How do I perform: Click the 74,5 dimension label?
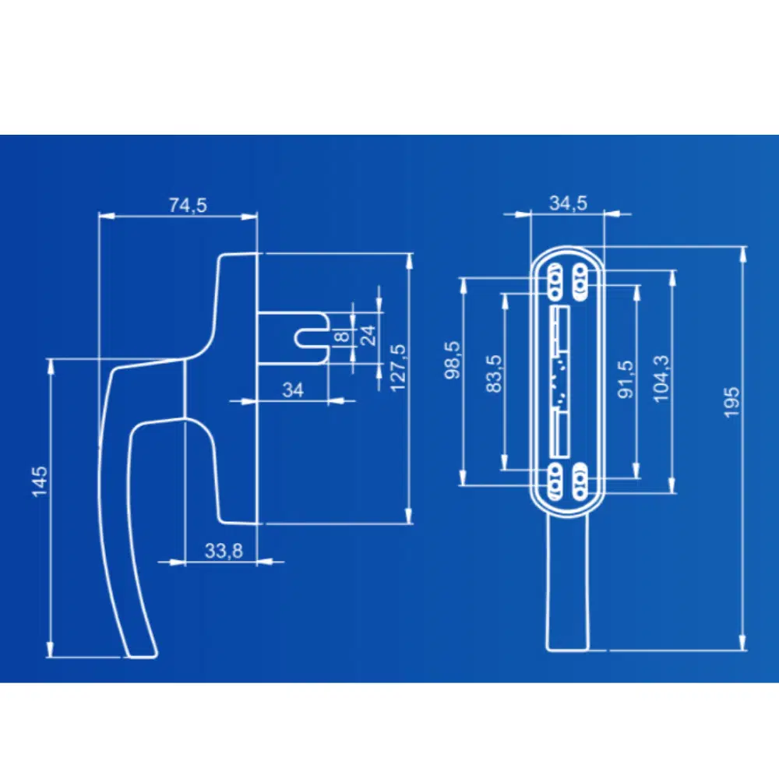pos(188,205)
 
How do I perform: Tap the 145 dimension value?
pos(40,481)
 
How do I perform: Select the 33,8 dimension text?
pos(224,551)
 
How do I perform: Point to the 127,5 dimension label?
pos(398,368)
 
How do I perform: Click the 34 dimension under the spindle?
pos(293,390)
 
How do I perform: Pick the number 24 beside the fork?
pos(368,335)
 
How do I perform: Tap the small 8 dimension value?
pos(342,337)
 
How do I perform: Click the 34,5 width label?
pos(568,203)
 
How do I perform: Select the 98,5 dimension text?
pos(452,360)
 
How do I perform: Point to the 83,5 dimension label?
pos(495,374)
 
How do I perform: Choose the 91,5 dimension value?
pos(626,379)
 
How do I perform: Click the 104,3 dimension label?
pos(661,379)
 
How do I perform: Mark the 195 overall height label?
pos(731,403)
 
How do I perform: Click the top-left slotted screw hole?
pos(554,282)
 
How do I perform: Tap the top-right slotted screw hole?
pos(580,282)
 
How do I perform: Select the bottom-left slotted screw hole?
pos(555,481)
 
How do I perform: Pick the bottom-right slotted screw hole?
pos(580,481)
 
